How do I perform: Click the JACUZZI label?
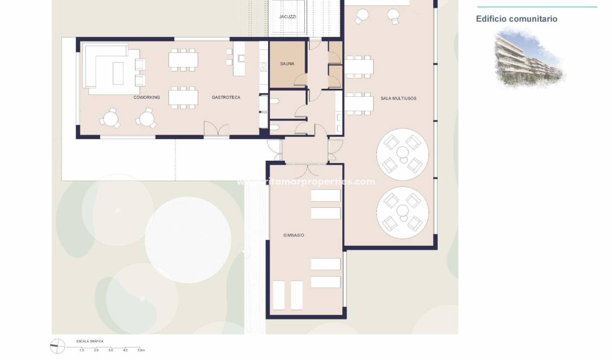tap(288, 17)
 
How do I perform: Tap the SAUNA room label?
tap(287, 64)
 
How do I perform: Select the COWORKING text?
tap(146, 97)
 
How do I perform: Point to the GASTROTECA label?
tap(226, 97)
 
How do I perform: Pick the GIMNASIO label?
tap(294, 235)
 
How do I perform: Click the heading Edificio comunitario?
tap(516, 19)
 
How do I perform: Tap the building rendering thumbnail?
tap(529, 58)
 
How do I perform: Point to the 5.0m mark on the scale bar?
tap(140, 351)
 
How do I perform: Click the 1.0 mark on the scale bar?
tap(82, 351)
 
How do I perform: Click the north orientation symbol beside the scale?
tap(57, 346)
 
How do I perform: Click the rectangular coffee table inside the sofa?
tap(118, 73)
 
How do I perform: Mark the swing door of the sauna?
tap(300, 81)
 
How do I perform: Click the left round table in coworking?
tap(111, 117)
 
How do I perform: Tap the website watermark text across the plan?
tap(306, 182)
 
